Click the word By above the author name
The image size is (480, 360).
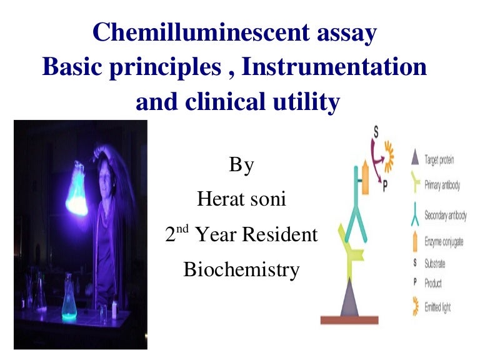tap(241, 166)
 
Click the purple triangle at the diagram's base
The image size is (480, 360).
tap(350, 299)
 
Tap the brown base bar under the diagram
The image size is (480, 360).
tap(350, 320)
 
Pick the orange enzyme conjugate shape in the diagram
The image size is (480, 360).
tap(365, 177)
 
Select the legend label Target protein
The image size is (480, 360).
tap(439, 160)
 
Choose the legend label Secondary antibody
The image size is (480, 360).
tap(444, 216)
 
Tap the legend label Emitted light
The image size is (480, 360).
tap(437, 307)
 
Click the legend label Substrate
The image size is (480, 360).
tap(434, 264)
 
